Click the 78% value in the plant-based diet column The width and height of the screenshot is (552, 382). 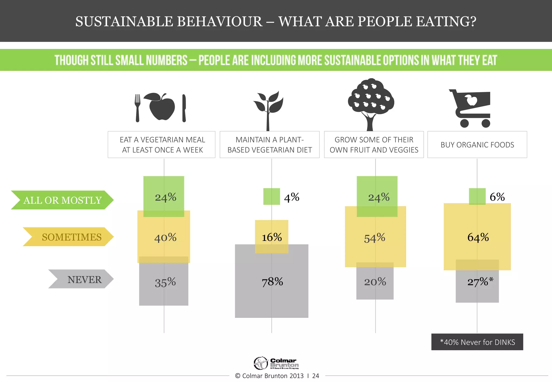[x=272, y=282]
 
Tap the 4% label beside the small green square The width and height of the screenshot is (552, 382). [x=292, y=197]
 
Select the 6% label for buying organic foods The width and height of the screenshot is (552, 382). [x=497, y=197]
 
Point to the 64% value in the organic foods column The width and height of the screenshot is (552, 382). [x=478, y=237]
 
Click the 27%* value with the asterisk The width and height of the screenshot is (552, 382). [x=480, y=282]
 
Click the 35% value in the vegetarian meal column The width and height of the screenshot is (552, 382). [x=165, y=283]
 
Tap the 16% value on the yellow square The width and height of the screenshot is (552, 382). [x=272, y=237]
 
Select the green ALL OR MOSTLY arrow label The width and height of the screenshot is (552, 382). [x=62, y=200]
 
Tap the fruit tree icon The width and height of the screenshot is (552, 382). [x=371, y=104]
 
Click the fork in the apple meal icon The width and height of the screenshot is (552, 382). [x=137, y=108]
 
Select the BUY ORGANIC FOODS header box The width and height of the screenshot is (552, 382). [x=477, y=145]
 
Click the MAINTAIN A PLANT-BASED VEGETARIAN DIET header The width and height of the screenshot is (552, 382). [x=270, y=145]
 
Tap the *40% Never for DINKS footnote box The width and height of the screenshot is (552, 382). [x=477, y=342]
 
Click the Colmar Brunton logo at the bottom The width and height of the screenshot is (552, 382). [x=276, y=363]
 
